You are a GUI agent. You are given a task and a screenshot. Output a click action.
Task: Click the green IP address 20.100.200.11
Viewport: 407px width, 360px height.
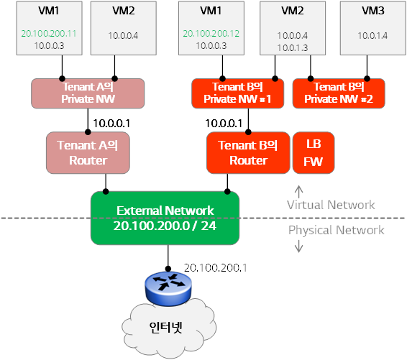pyautogui.click(x=49, y=34)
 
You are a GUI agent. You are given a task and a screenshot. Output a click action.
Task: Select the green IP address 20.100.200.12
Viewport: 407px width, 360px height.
pyautogui.click(x=211, y=34)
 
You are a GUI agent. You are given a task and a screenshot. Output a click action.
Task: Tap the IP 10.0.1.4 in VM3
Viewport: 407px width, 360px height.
pyautogui.click(x=372, y=35)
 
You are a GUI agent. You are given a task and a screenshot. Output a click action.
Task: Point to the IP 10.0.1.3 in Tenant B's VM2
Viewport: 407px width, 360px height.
pyautogui.click(x=292, y=47)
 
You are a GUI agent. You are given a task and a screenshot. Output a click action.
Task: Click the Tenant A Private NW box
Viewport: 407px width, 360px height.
pyautogui.click(x=88, y=93)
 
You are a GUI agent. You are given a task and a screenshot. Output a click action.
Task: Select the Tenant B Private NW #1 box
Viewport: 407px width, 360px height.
pyautogui.click(x=237, y=93)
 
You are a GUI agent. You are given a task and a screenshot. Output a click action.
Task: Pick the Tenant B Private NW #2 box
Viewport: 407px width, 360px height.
pyautogui.click(x=339, y=93)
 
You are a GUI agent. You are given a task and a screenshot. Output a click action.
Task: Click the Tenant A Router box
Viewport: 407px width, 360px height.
pyautogui.click(x=88, y=153)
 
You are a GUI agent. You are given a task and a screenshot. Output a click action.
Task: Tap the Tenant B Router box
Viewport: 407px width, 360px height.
pyautogui.click(x=248, y=153)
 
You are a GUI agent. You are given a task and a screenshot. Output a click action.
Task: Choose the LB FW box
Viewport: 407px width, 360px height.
pyautogui.click(x=314, y=153)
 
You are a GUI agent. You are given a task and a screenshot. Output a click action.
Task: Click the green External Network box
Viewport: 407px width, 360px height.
pyautogui.click(x=165, y=218)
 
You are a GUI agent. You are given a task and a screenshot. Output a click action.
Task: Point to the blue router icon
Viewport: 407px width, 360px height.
pyautogui.click(x=168, y=288)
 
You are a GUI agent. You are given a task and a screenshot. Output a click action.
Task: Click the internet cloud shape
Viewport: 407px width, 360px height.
pyautogui.click(x=169, y=328)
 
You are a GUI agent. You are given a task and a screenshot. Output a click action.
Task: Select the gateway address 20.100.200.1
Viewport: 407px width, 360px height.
pyautogui.click(x=216, y=268)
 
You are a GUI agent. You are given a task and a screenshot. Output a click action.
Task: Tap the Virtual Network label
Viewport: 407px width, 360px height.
pyautogui.click(x=331, y=205)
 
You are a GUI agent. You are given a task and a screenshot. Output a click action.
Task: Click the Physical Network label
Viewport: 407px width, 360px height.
pyautogui.click(x=336, y=230)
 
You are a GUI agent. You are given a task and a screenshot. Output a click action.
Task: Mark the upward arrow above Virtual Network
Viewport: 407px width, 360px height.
pyautogui.click(x=298, y=192)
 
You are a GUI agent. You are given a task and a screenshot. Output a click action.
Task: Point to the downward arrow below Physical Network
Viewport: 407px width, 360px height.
pyautogui.click(x=298, y=246)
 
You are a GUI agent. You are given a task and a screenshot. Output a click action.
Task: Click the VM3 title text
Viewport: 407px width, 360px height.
pyautogui.click(x=373, y=11)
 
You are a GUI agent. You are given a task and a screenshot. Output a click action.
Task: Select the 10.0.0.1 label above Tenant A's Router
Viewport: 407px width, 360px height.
pyautogui.click(x=111, y=124)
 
